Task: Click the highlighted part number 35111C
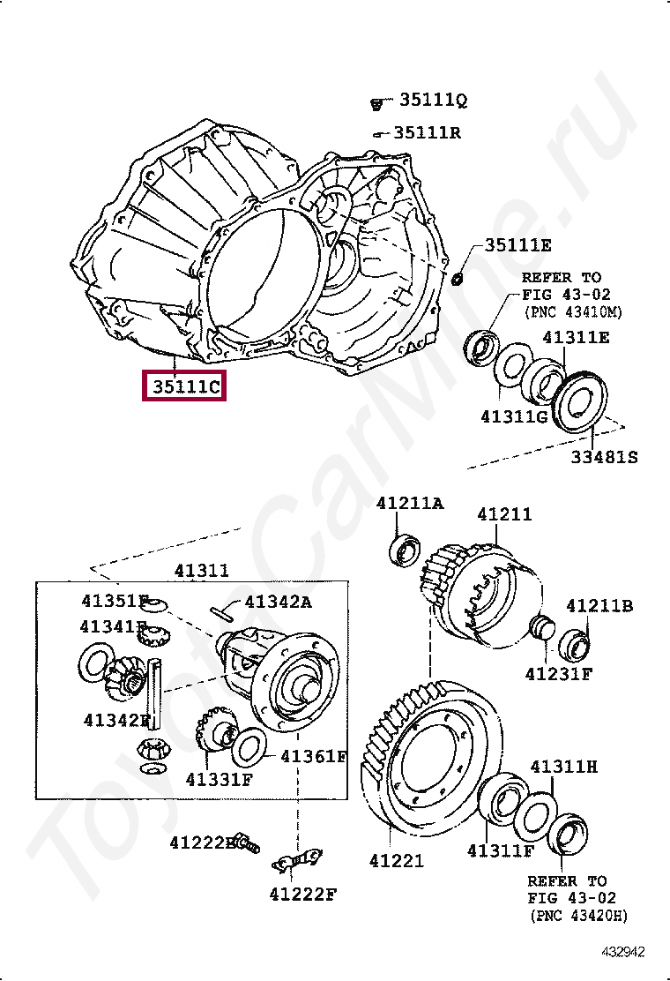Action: tap(185, 386)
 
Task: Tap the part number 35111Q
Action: tap(433, 101)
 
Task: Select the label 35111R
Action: tap(428, 132)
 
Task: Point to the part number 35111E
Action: tap(518, 245)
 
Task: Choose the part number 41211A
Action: tap(410, 503)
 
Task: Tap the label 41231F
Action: tap(559, 673)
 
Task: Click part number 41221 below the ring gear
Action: tap(397, 860)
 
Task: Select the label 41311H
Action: tap(564, 767)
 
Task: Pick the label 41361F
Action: tap(314, 756)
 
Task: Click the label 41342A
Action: tap(279, 602)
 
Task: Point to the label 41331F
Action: tap(220, 780)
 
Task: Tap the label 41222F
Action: tap(303, 895)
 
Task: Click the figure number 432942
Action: tap(624, 952)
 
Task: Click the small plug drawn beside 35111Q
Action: tap(376, 103)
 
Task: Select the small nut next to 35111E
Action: tap(458, 279)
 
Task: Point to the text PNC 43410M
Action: tap(572, 311)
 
